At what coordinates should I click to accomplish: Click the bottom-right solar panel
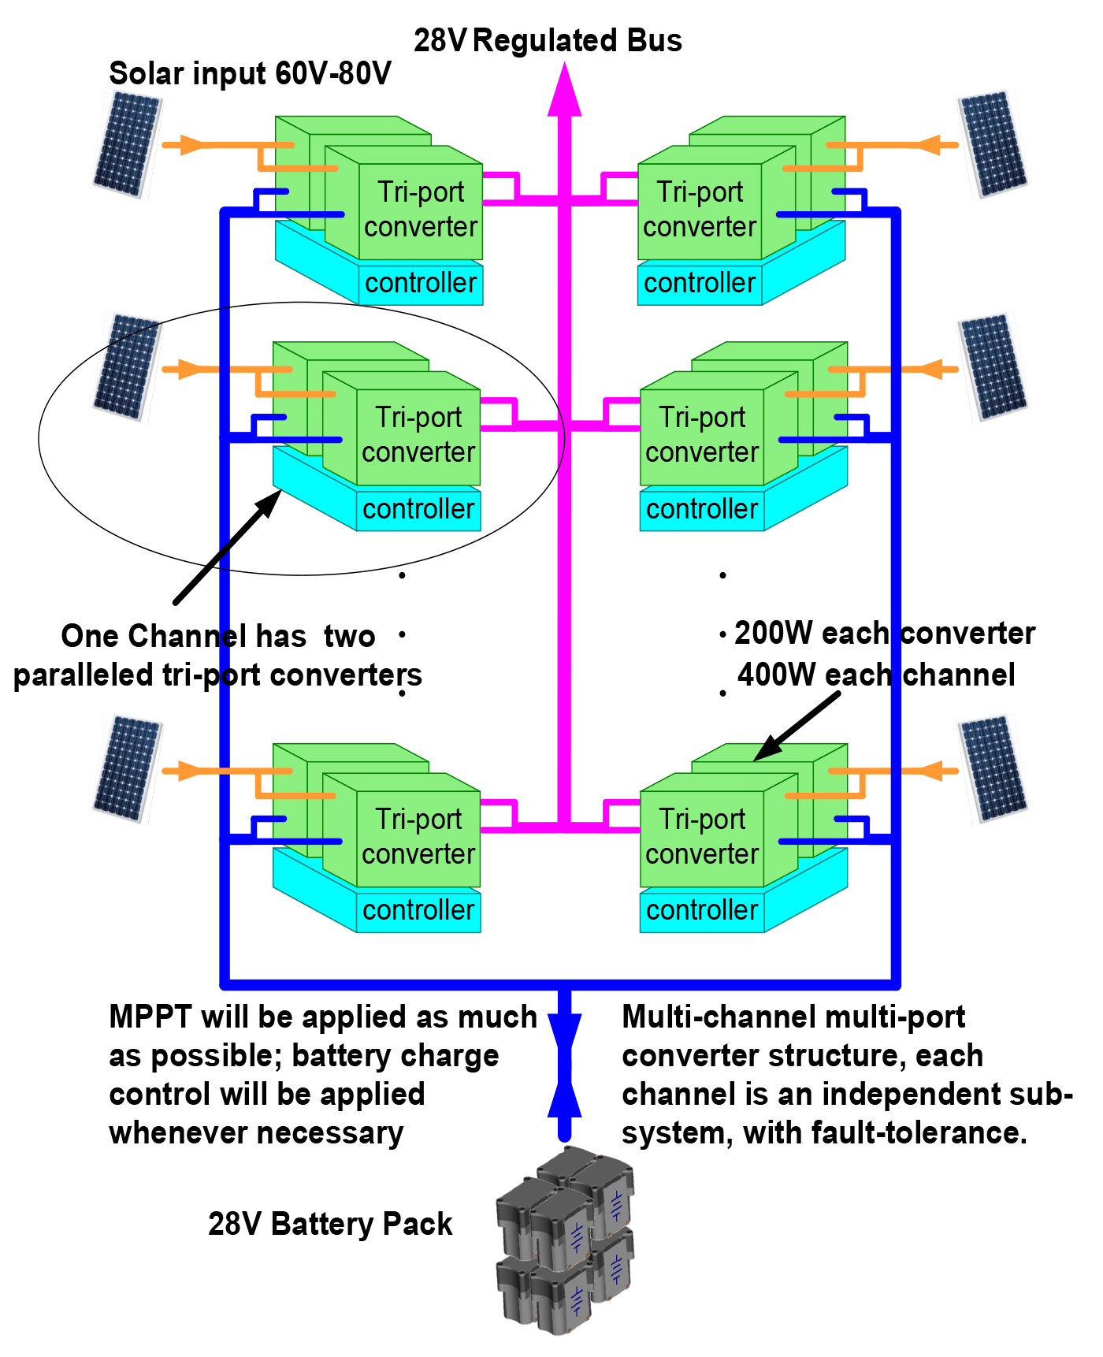(993, 769)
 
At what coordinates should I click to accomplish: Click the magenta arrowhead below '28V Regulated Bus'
(564, 91)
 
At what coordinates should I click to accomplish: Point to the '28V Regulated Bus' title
(548, 41)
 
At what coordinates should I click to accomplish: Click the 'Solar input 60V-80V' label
(250, 74)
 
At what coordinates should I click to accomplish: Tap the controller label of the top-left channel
(421, 283)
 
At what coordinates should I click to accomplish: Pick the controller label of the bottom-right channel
(701, 910)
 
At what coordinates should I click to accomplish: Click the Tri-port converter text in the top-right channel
(700, 210)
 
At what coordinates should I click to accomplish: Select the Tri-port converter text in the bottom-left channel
(418, 837)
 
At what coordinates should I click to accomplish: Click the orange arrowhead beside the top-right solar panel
(930, 145)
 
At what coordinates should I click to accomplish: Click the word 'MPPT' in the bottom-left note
(150, 1017)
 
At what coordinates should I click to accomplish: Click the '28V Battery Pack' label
(330, 1225)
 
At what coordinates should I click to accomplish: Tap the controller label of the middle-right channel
(701, 509)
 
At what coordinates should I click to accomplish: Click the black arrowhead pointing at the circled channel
(269, 502)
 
